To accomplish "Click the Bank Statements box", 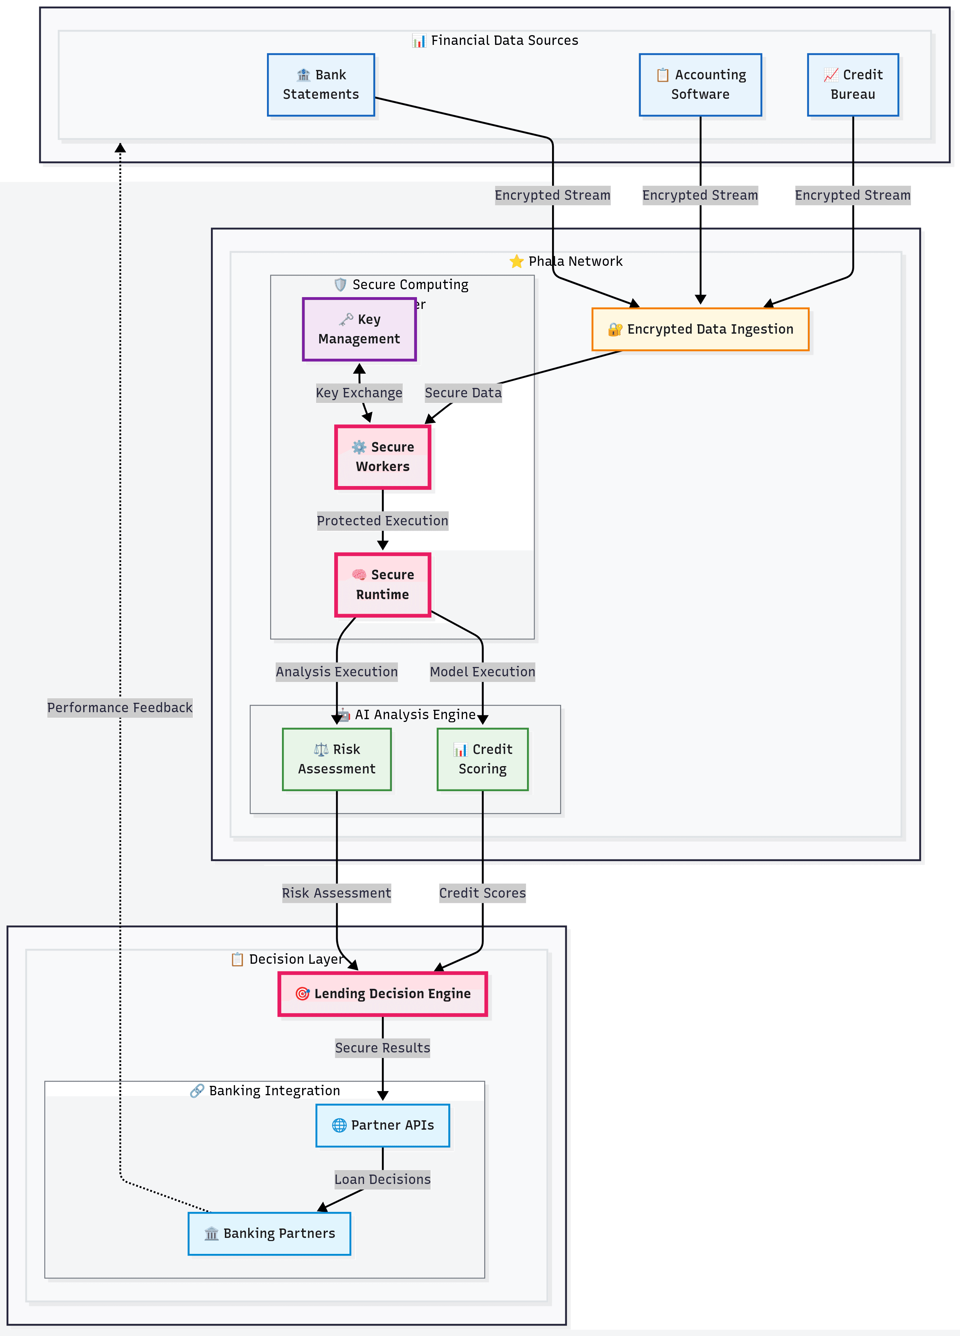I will [321, 85].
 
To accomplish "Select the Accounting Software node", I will [700, 85].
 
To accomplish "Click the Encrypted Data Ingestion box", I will [700, 329].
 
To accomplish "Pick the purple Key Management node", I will [359, 329].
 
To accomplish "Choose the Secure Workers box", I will [383, 457].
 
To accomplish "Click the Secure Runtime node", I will [383, 585].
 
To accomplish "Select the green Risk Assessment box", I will [337, 759].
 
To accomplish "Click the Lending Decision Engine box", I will [383, 994].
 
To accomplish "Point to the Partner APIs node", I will [383, 1125].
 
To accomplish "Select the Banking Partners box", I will [269, 1233].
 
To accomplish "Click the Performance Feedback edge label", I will [120, 707].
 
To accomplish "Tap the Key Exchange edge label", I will [359, 393].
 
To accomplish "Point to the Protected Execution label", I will [383, 521].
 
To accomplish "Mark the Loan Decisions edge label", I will [383, 1179].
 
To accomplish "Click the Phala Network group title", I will [575, 262].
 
